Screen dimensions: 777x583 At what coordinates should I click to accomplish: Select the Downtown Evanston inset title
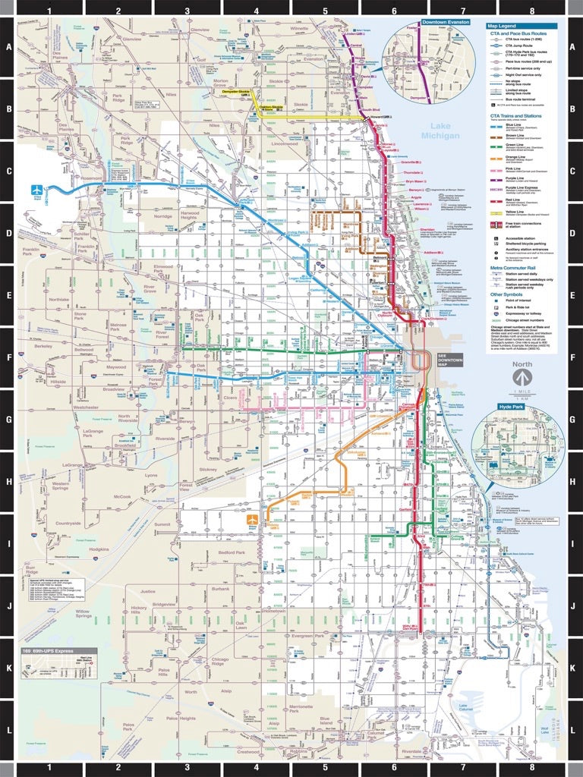[446, 23]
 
